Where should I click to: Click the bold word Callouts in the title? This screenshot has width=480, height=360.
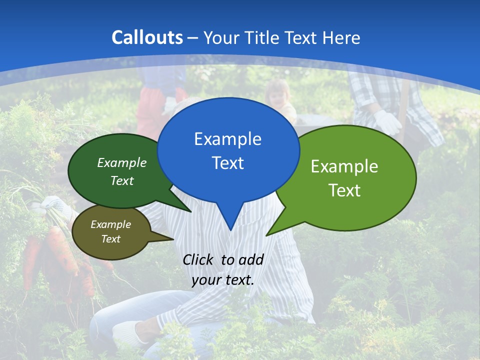147,37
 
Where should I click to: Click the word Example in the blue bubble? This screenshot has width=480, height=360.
227,139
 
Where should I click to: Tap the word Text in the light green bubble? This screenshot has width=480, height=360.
344,190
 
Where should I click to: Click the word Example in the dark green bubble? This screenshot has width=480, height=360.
122,162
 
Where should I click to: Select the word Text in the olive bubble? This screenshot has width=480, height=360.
111,239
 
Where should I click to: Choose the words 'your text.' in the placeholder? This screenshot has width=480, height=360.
223,280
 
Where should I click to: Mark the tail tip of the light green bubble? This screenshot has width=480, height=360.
266,235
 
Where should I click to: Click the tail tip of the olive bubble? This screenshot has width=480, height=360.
173,239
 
